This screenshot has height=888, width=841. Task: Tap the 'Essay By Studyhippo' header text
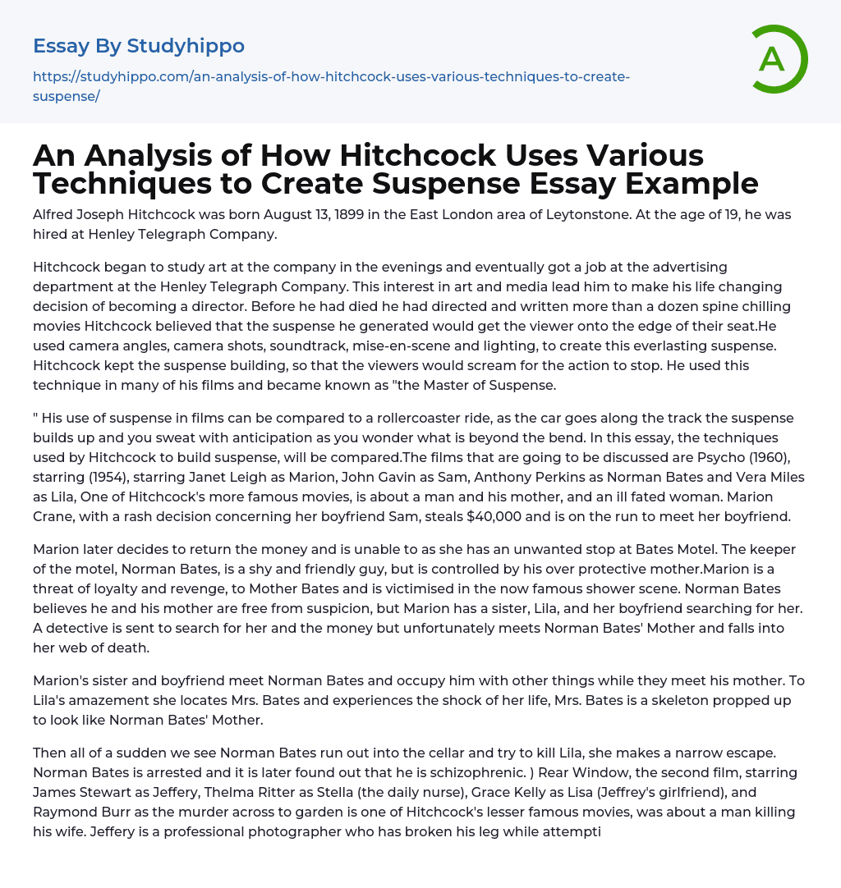pyautogui.click(x=139, y=46)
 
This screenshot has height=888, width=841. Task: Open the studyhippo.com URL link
pyautogui.click(x=331, y=86)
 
